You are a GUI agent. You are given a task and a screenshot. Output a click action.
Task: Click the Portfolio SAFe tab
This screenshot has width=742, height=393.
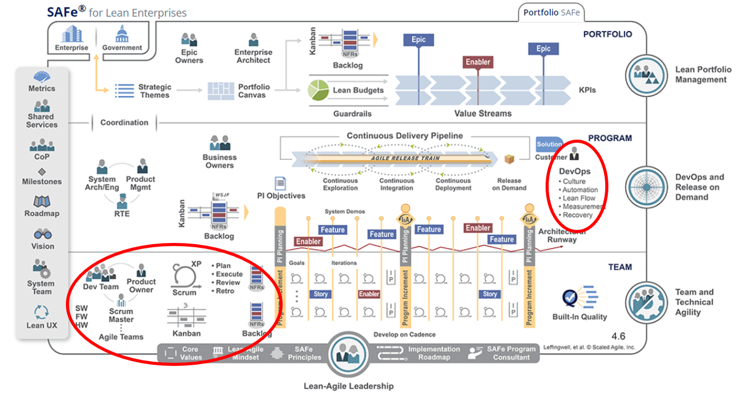click(551, 12)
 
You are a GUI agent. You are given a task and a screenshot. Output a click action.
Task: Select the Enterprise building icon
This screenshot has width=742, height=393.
click(71, 34)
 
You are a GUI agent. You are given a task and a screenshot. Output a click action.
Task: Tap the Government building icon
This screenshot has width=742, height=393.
click(122, 34)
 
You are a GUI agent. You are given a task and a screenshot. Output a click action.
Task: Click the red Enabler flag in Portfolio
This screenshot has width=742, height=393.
click(478, 62)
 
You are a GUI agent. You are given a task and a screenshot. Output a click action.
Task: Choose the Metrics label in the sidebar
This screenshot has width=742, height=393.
click(42, 89)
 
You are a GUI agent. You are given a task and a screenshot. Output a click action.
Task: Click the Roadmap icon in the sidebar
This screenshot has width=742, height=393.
click(42, 202)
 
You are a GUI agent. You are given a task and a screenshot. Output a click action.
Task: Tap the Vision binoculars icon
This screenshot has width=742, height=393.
click(42, 234)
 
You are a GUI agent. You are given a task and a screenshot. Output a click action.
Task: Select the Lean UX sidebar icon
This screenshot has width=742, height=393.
click(42, 312)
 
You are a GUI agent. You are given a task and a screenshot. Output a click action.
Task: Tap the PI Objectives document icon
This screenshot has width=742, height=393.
click(281, 183)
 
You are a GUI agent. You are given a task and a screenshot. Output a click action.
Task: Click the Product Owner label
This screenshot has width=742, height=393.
click(142, 285)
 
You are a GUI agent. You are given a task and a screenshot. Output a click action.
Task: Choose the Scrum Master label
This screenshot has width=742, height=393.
click(121, 315)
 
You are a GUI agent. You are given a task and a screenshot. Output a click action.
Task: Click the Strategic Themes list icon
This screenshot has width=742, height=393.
click(125, 90)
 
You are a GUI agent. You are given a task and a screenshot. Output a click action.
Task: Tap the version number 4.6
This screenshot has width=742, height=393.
click(618, 336)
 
